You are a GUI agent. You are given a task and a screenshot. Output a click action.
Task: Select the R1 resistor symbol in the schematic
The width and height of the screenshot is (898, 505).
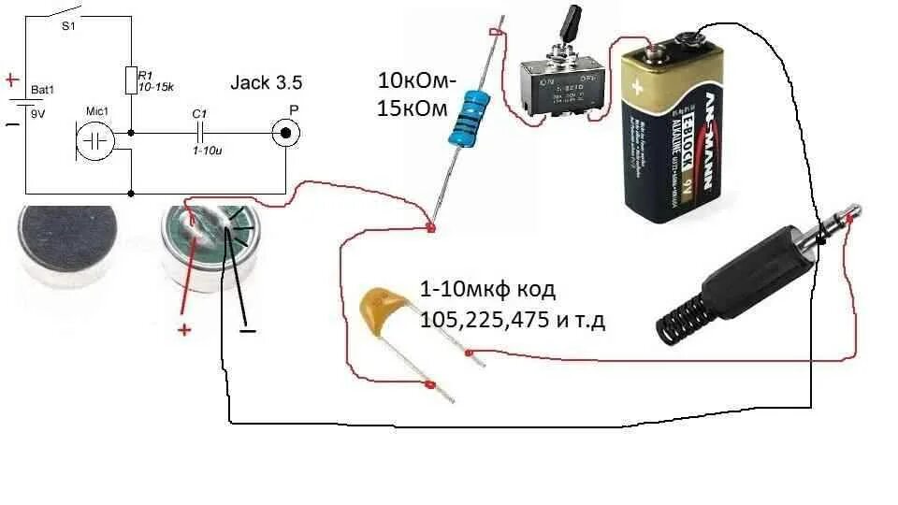pos(130,79)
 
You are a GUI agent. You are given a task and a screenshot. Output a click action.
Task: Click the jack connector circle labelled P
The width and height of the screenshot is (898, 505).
pos(285,133)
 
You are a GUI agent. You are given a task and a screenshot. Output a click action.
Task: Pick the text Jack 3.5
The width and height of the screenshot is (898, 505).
pos(266,82)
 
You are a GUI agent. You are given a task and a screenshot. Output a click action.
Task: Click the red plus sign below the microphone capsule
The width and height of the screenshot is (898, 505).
pos(184,329)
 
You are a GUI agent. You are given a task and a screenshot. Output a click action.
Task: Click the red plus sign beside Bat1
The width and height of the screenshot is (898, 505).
pos(12,80)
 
